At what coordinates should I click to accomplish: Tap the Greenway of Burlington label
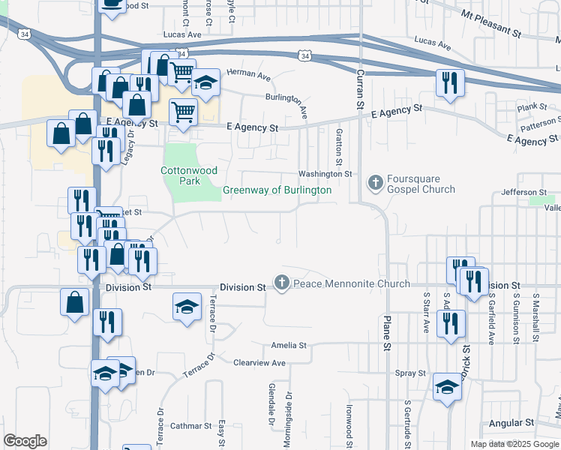pyautogui.click(x=277, y=190)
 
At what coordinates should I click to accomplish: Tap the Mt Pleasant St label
pyautogui.click(x=491, y=23)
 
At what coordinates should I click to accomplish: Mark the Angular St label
pyautogui.click(x=511, y=424)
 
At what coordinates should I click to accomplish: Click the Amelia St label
pyautogui.click(x=289, y=346)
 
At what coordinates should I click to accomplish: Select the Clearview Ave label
pyautogui.click(x=259, y=363)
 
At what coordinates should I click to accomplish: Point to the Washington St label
pyautogui.click(x=325, y=174)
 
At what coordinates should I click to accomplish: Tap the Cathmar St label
pyautogui.click(x=190, y=427)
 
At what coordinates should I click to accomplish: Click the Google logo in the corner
pyautogui.click(x=25, y=441)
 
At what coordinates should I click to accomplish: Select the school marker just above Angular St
pyautogui.click(x=448, y=388)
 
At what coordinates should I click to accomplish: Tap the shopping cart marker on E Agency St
pyautogui.click(x=183, y=113)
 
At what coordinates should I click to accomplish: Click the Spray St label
pyautogui.click(x=410, y=373)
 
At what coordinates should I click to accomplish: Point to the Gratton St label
pyautogui.click(x=338, y=146)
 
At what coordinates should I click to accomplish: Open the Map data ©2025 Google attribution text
pyautogui.click(x=514, y=444)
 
